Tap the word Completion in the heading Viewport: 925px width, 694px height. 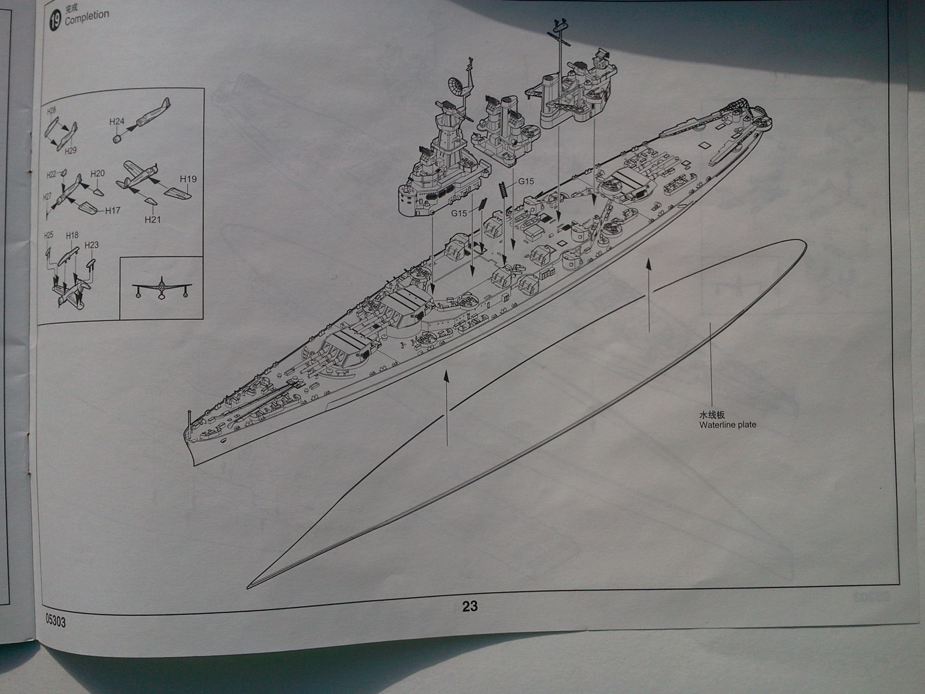click(x=87, y=17)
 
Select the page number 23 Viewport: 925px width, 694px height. click(x=469, y=606)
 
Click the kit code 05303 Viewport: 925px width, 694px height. click(x=55, y=622)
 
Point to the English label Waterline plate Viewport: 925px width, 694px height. click(x=727, y=425)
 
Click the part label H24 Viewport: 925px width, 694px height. click(x=117, y=121)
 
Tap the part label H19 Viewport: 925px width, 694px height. click(x=188, y=179)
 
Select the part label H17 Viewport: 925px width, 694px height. click(x=113, y=211)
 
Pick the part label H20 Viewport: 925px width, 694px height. click(x=98, y=173)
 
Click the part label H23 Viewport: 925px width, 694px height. click(x=91, y=245)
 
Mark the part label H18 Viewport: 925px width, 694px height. click(x=72, y=235)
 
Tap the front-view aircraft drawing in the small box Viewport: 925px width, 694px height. click(x=161, y=288)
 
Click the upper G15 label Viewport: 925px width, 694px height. click(x=526, y=181)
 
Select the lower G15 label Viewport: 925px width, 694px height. click(x=459, y=213)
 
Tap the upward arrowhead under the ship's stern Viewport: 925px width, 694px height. click(x=649, y=264)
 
